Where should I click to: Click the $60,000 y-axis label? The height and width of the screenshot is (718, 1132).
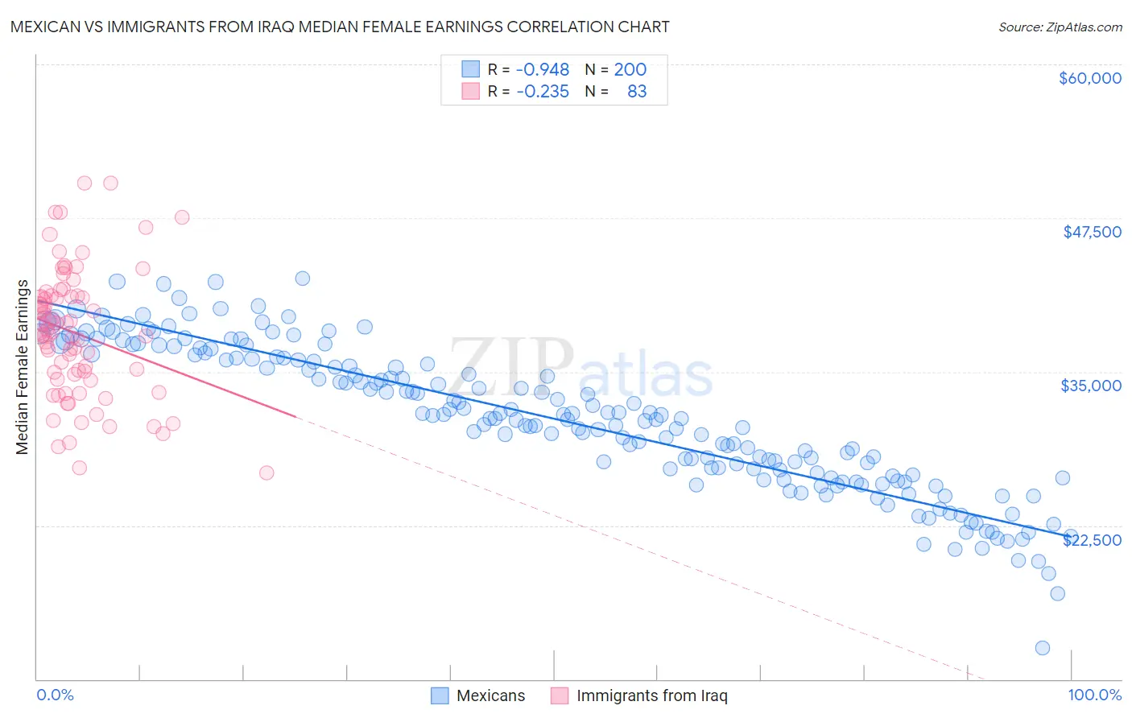(1089, 78)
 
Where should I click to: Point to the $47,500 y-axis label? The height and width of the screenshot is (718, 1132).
(1092, 232)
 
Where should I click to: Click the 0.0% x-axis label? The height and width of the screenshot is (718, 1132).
(55, 695)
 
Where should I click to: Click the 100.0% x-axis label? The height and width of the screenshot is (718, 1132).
(1094, 695)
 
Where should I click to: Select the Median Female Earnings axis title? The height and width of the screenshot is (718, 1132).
(23, 367)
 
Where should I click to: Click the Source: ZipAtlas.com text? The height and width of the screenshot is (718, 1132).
(1060, 27)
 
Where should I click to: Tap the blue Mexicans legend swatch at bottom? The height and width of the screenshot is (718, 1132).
(440, 695)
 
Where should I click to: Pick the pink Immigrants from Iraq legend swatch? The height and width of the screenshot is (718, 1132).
(560, 695)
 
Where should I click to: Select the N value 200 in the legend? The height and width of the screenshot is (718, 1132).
(630, 70)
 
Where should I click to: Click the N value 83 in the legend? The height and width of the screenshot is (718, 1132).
(636, 92)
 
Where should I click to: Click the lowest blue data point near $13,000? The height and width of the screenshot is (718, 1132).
(1042, 648)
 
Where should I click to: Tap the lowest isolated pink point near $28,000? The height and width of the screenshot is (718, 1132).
(266, 472)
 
